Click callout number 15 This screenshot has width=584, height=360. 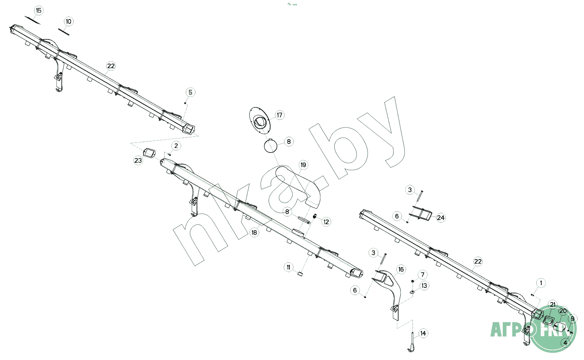tap(39, 10)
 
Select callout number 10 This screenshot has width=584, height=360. tap(69, 22)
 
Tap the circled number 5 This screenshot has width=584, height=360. tap(190, 92)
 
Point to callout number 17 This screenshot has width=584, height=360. tap(279, 115)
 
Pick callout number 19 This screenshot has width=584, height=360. tap(303, 165)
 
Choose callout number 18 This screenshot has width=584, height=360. tap(254, 232)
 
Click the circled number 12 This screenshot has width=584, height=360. tap(326, 222)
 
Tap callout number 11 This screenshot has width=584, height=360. tap(289, 267)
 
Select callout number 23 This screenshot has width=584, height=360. tap(138, 160)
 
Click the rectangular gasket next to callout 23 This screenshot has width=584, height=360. tap(149, 153)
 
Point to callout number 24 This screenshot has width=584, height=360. tap(441, 218)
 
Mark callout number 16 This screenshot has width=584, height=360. tap(401, 270)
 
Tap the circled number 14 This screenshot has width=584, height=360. tap(423, 333)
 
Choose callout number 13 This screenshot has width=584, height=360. tap(424, 286)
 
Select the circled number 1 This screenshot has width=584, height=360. tap(541, 283)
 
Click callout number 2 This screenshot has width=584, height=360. tap(176, 146)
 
